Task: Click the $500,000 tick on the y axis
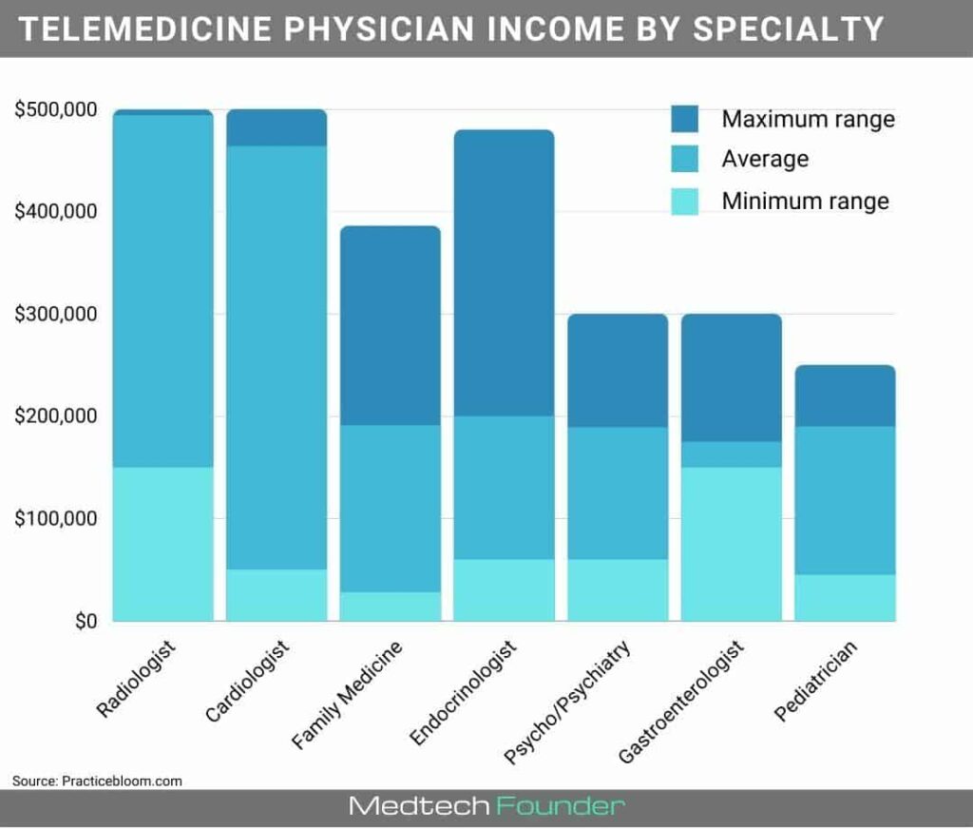[56, 110]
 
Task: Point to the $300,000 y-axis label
[56, 315]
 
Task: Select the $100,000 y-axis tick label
[56, 519]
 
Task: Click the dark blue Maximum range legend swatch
[684, 119]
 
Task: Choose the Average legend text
[765, 159]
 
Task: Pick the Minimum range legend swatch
[684, 201]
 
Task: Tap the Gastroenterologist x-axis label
[681, 701]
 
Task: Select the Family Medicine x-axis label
[348, 693]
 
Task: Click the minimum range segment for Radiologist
[162, 544]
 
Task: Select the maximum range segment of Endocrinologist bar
[504, 273]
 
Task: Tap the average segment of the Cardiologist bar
[277, 357]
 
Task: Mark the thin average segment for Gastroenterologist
[732, 454]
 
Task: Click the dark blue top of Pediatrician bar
[845, 395]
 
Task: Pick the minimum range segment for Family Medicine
[391, 607]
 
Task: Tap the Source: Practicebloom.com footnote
[97, 781]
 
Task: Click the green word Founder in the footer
[560, 807]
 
